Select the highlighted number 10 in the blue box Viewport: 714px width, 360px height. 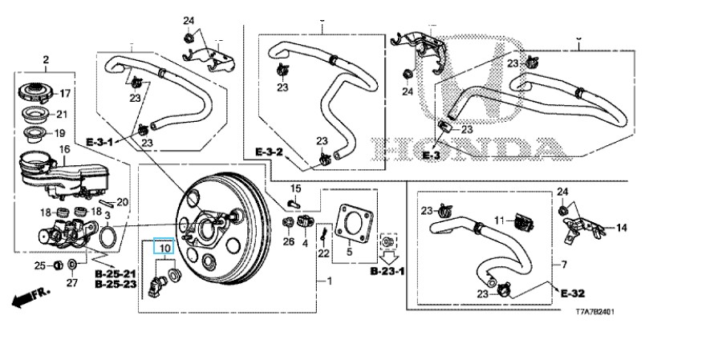(164, 249)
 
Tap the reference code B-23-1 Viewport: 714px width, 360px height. (387, 273)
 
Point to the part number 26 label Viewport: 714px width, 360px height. (289, 242)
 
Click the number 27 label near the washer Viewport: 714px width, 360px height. (71, 281)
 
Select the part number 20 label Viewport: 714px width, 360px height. (123, 201)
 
